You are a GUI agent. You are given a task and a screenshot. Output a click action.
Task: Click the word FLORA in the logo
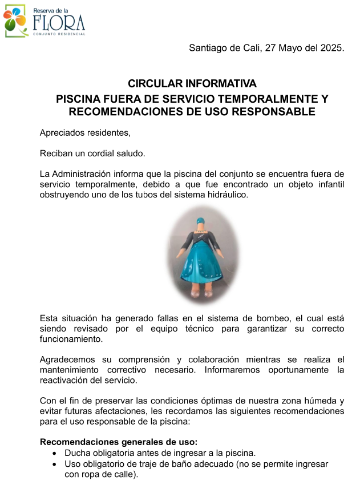[x=59, y=23]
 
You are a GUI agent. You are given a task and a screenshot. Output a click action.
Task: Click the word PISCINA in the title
[x=80, y=99]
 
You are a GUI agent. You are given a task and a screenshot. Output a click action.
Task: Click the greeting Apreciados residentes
[x=85, y=133]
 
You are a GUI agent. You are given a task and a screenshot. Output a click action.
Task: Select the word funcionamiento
[x=71, y=339]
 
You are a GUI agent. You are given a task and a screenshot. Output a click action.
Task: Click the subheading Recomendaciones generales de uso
[x=119, y=442]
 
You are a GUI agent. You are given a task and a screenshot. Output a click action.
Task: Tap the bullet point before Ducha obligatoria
[x=54, y=454]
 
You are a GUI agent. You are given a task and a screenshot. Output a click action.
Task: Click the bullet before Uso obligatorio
[x=54, y=464]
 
